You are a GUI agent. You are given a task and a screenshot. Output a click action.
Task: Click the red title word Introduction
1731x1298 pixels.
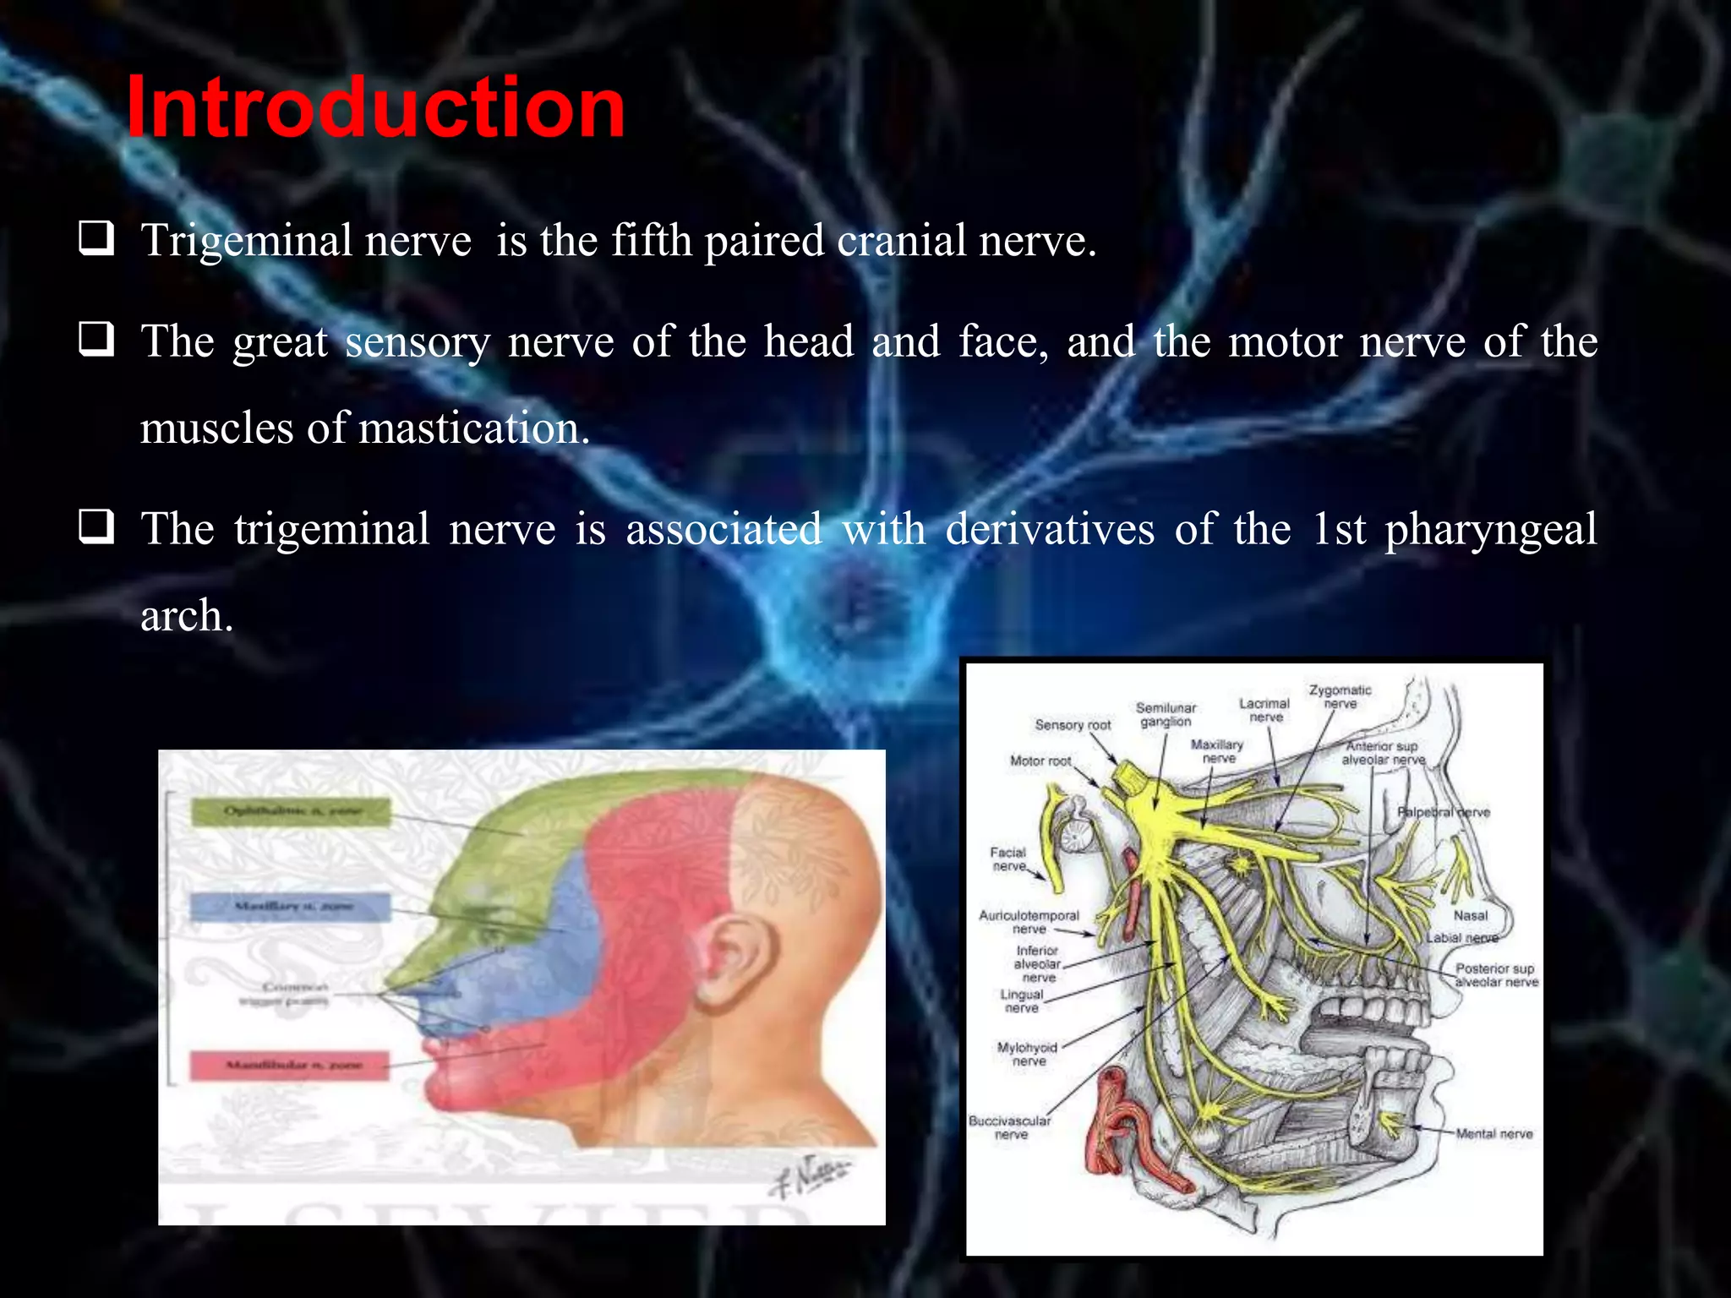point(375,107)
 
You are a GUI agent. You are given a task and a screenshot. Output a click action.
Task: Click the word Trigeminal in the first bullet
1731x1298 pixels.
point(246,241)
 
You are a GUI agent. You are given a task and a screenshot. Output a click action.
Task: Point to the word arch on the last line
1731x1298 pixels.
point(185,615)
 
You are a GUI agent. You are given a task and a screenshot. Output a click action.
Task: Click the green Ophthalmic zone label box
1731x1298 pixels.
point(292,812)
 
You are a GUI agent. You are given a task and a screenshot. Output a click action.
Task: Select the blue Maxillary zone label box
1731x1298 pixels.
point(291,907)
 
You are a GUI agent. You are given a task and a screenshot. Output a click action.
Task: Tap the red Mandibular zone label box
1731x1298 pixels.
point(290,1065)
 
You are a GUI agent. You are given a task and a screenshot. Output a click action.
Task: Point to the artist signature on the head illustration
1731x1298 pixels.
point(807,1174)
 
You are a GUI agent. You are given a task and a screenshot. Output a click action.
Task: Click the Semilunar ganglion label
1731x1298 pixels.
point(1166,714)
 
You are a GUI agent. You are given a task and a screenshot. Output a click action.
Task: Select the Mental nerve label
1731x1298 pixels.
point(1493,1134)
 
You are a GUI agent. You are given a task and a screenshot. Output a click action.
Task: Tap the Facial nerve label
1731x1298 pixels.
point(1008,859)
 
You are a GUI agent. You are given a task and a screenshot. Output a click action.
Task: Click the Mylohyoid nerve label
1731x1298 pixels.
point(1028,1054)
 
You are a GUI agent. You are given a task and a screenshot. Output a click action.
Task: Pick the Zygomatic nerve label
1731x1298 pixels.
point(1340,697)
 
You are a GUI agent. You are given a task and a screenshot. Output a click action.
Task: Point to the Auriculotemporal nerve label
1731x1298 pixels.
point(1029,922)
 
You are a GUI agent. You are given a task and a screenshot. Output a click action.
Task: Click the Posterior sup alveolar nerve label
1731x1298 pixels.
point(1495,975)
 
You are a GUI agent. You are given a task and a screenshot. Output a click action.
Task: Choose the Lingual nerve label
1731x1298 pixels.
point(1022,1001)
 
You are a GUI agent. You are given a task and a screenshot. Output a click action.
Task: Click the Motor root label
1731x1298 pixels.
point(1040,761)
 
